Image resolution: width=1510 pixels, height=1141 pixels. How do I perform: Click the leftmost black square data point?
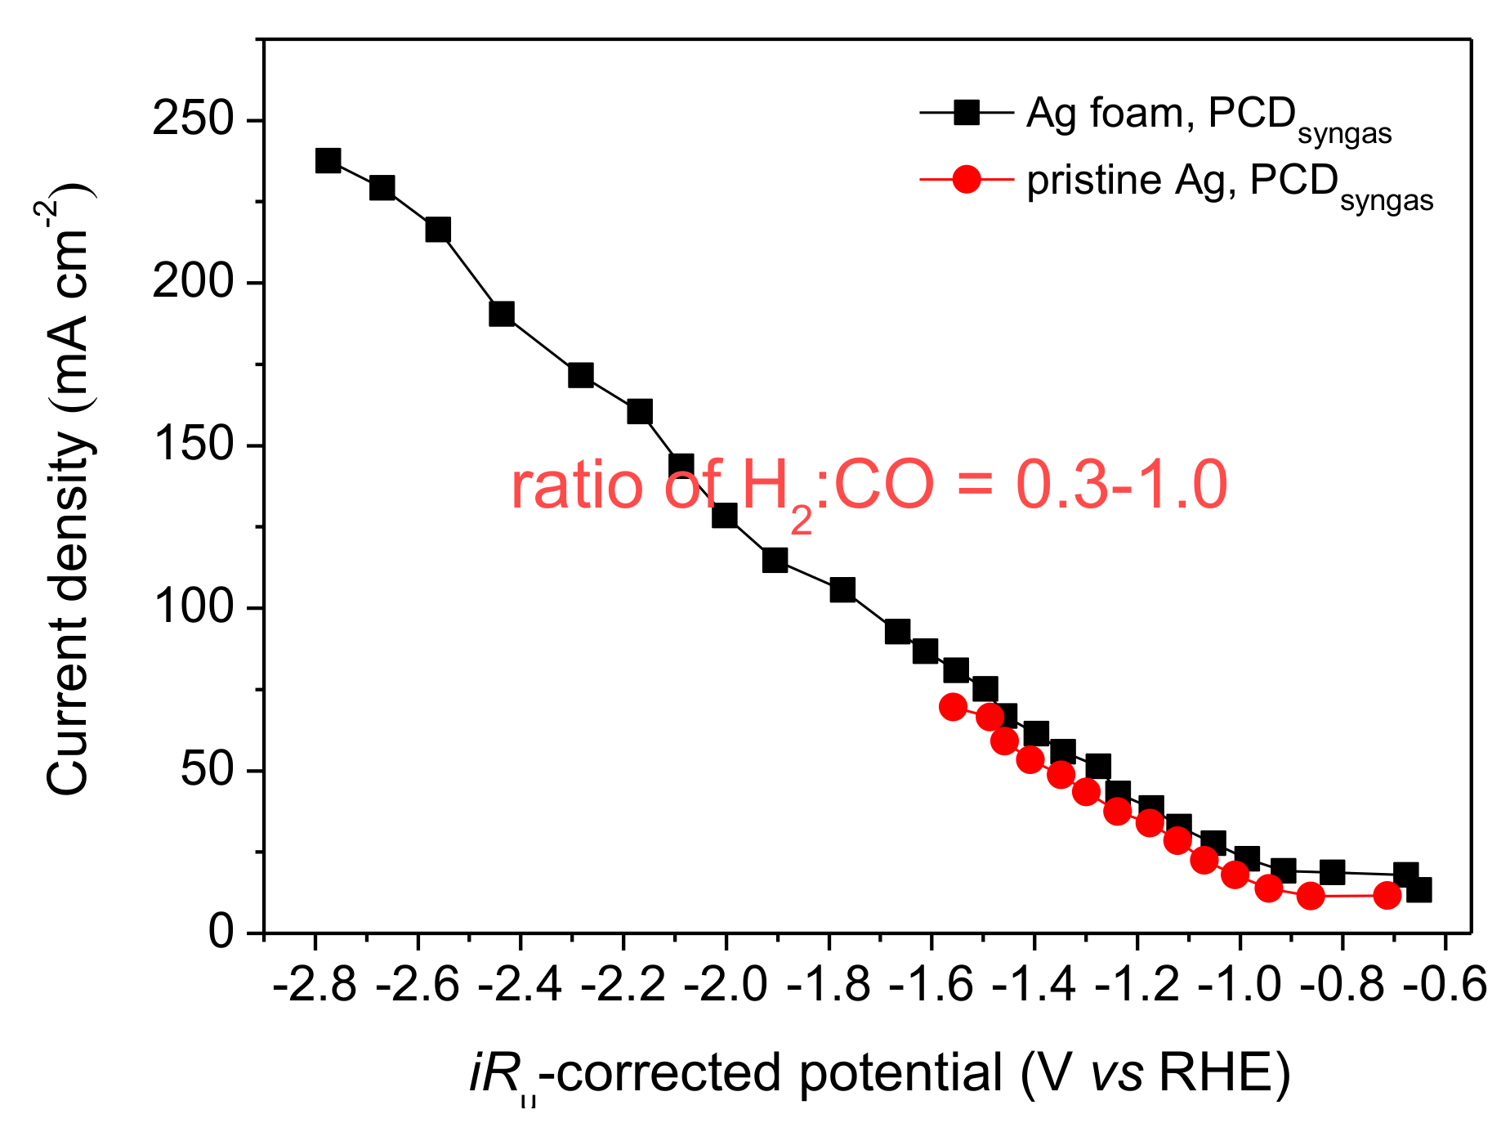pyautogui.click(x=328, y=160)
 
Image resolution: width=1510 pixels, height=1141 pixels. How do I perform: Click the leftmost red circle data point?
pyautogui.click(x=953, y=707)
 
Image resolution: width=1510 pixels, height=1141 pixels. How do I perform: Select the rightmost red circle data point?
pyautogui.click(x=1387, y=896)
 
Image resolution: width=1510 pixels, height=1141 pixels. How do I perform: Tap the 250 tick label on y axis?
pyautogui.click(x=193, y=120)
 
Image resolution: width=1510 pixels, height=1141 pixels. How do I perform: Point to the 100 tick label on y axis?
pyautogui.click(x=193, y=607)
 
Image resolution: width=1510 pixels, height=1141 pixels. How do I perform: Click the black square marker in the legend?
pyautogui.click(x=967, y=113)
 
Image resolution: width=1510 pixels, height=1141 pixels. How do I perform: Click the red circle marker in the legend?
pyautogui.click(x=967, y=179)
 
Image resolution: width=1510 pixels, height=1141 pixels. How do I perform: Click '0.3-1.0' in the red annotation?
pyautogui.click(x=1121, y=485)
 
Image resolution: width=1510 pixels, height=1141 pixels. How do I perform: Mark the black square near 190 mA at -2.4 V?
pyautogui.click(x=502, y=314)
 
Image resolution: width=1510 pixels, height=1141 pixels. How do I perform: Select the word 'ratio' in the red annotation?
pyautogui.click(x=577, y=485)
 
